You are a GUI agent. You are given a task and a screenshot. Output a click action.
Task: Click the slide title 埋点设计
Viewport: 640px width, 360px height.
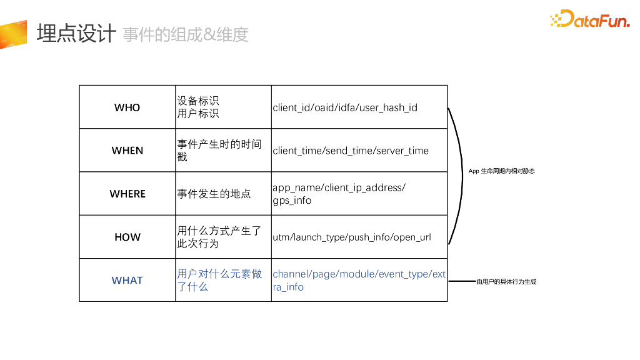76,33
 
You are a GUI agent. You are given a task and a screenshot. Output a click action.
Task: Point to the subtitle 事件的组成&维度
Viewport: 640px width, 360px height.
186,34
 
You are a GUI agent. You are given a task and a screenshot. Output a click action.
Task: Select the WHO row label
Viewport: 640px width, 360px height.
127,107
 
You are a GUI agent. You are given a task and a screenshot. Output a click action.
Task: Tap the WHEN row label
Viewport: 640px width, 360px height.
127,151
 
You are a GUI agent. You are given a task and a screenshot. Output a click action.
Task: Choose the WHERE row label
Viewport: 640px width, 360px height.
127,194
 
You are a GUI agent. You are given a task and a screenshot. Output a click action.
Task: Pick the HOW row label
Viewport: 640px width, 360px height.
127,237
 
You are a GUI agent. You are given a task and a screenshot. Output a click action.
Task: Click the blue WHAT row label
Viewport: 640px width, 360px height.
127,281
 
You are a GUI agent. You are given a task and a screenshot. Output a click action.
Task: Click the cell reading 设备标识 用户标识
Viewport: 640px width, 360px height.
198,107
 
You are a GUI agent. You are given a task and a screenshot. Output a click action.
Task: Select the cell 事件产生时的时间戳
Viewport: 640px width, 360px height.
219,151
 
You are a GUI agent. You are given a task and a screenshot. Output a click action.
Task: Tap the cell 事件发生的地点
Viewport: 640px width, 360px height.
214,194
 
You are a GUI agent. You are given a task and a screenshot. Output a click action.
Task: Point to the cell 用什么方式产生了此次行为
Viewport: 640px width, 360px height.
219,237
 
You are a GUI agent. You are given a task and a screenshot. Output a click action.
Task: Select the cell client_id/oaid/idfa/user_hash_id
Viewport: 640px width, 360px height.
345,107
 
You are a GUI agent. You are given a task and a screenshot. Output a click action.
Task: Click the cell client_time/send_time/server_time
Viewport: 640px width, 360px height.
351,151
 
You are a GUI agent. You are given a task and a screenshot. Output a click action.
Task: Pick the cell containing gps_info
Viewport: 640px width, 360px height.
339,194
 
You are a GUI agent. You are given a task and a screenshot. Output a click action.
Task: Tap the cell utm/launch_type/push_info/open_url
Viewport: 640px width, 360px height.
351,237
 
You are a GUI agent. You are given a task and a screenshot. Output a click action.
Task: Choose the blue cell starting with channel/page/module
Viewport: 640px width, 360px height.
359,281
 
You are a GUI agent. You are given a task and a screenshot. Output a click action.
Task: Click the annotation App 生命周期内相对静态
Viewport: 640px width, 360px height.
502,171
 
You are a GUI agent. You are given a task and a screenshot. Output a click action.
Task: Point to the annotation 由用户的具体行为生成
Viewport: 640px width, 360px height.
506,282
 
